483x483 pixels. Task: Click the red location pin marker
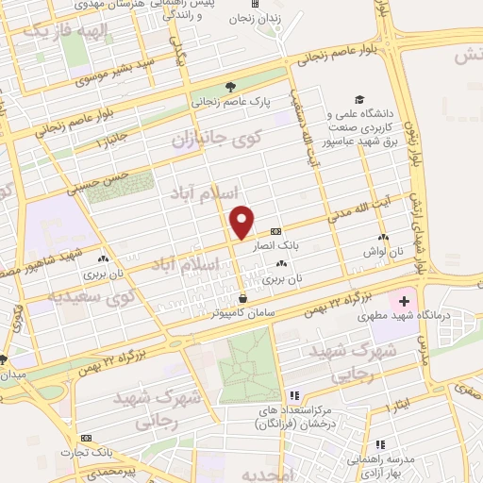click(x=242, y=222)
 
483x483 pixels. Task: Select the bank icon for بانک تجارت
click(x=86, y=439)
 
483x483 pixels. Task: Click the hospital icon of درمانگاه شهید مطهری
click(x=405, y=303)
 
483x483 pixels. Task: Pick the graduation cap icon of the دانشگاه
click(x=358, y=99)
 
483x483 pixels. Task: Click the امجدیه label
click(x=270, y=471)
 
